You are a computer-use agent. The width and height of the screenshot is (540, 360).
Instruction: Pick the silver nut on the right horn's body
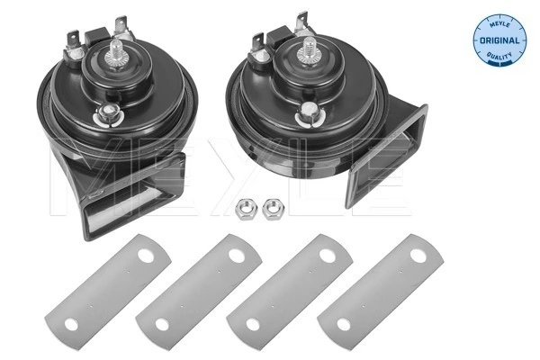[x=310, y=112]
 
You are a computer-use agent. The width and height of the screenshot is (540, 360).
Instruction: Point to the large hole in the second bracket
[x=236, y=256]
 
